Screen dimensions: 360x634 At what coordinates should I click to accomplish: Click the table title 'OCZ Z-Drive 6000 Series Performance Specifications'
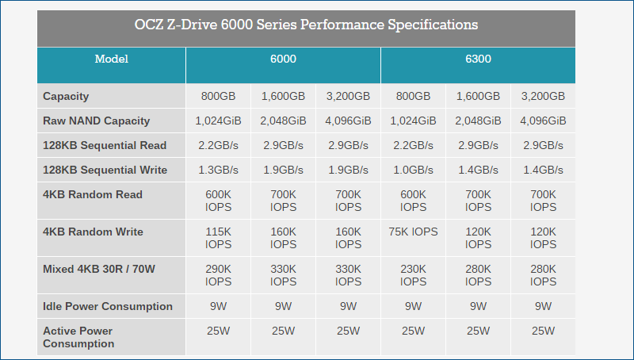pyautogui.click(x=306, y=25)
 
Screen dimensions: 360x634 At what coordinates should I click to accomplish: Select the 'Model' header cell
pyautogui.click(x=111, y=59)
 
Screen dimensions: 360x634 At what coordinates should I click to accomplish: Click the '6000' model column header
pyautogui.click(x=283, y=59)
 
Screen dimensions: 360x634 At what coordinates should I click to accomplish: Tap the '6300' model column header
pyautogui.click(x=478, y=59)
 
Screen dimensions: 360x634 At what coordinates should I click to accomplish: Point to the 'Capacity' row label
pyautogui.click(x=66, y=96)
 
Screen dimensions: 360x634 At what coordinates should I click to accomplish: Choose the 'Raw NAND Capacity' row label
pyautogui.click(x=96, y=121)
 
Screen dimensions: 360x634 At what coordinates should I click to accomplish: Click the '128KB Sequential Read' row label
pyautogui.click(x=105, y=146)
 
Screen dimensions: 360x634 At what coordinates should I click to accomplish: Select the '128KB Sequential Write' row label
pyautogui.click(x=105, y=170)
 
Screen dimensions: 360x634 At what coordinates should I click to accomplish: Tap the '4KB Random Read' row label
pyautogui.click(x=93, y=195)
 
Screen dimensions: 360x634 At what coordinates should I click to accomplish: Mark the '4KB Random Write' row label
pyautogui.click(x=94, y=232)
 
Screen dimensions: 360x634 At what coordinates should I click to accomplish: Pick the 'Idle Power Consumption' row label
pyautogui.click(x=107, y=306)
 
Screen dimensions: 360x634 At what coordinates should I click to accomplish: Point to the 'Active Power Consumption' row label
pyautogui.click(x=78, y=337)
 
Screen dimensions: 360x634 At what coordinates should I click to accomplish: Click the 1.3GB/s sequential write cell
pyautogui.click(x=218, y=170)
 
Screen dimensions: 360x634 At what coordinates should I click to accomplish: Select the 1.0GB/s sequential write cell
pyautogui.click(x=413, y=170)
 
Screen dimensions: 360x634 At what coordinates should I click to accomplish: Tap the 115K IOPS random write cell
pyautogui.click(x=218, y=238)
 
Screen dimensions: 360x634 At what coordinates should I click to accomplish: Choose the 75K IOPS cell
pyautogui.click(x=413, y=232)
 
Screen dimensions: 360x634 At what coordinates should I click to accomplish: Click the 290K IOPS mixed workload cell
pyautogui.click(x=218, y=275)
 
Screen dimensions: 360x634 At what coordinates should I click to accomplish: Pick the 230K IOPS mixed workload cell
pyautogui.click(x=413, y=275)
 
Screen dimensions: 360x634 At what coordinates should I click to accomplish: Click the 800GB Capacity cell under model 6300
pyautogui.click(x=413, y=96)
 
